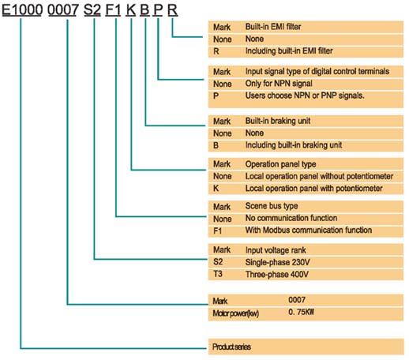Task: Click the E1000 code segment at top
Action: coord(22,10)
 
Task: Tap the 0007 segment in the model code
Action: coord(63,10)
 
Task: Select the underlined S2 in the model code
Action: coord(92,10)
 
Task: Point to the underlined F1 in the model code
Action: coord(113,10)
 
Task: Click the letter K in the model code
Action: coord(131,10)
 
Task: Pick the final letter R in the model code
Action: coord(173,10)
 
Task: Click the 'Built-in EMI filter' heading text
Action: coord(273,27)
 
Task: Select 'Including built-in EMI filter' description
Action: coord(289,51)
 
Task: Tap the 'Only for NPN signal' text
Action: coord(279,84)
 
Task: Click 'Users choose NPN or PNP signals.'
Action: coord(305,96)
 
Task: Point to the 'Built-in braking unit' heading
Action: coord(278,121)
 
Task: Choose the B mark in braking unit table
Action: coord(216,145)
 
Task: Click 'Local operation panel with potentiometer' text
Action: coord(313,189)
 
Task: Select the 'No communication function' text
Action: coord(291,218)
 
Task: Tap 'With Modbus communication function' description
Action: coord(309,230)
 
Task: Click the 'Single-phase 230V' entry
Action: coord(277,262)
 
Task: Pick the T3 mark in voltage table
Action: coord(218,274)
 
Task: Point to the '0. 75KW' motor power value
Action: coord(301,312)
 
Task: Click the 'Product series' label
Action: coord(231,347)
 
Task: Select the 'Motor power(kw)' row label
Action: coord(235,313)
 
